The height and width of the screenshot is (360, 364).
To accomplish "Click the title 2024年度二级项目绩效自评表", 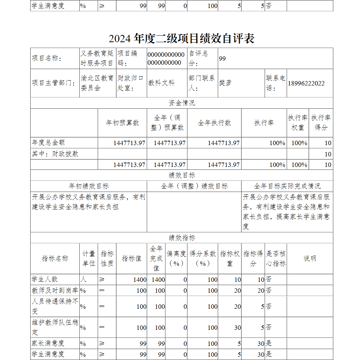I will click(181, 38).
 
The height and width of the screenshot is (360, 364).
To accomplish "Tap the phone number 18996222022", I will click(306, 83).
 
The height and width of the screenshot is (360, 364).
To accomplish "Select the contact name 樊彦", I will click(225, 83).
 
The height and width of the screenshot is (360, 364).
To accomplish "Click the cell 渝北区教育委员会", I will click(97, 83).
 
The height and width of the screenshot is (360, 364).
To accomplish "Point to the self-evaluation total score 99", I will click(222, 58).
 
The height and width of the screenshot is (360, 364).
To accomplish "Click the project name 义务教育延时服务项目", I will click(97, 58).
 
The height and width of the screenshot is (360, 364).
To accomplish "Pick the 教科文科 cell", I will click(161, 83).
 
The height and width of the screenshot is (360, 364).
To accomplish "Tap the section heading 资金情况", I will click(182, 103).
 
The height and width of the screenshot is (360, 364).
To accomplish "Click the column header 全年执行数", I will click(214, 123).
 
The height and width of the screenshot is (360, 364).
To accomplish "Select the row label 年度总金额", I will click(48, 143).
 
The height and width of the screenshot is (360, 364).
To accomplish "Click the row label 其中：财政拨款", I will click(55, 154).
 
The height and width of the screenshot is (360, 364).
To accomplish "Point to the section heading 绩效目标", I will click(182, 175).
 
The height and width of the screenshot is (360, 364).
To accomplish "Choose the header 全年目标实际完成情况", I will click(287, 186).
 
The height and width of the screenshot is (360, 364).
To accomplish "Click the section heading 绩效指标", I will click(182, 238).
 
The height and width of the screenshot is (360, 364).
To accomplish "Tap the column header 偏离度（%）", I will click(176, 259).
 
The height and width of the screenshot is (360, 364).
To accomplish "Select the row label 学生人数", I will click(45, 279).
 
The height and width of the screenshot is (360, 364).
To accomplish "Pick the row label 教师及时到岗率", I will click(55, 291).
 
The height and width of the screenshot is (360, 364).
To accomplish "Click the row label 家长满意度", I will click(48, 343).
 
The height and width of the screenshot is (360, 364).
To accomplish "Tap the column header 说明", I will click(310, 259).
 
